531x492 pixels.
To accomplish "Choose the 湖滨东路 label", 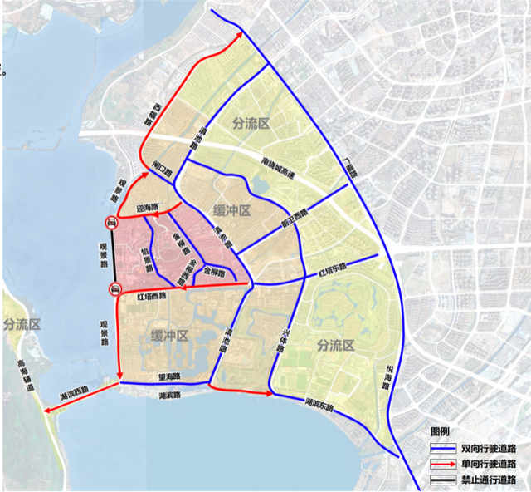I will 318,405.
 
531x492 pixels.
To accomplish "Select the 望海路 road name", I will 169,377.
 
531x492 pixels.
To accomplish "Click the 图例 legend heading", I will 440,431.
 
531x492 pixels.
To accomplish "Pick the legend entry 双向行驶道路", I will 490,448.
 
